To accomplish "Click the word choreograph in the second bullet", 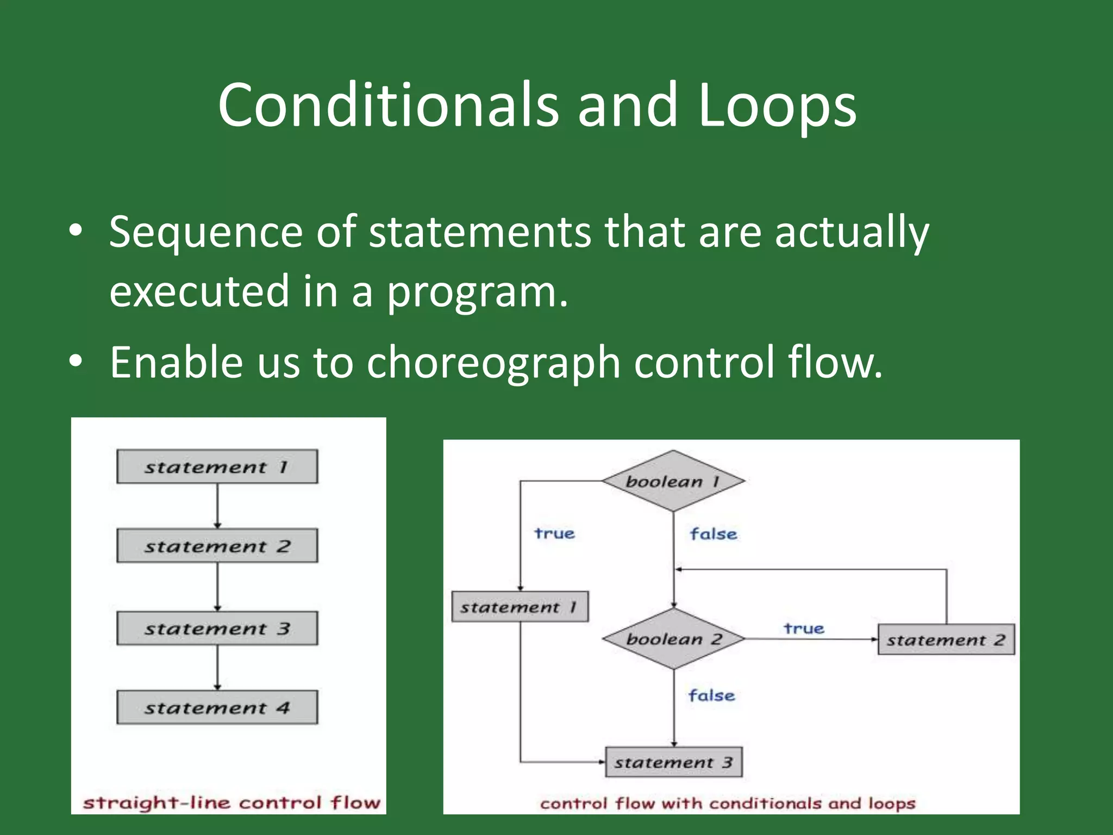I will tap(493, 362).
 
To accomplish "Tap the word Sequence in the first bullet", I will tap(205, 232).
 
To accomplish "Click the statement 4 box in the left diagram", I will tap(217, 707).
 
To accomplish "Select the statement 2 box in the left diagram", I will tap(217, 546).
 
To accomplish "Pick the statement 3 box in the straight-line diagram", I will tap(217, 628).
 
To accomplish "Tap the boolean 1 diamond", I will tap(673, 481).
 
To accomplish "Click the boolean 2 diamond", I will tap(673, 639).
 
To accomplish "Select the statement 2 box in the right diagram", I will tap(946, 640).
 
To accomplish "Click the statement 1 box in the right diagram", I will tap(520, 607).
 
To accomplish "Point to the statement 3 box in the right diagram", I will tap(673, 762).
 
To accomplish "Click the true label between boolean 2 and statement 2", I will tap(804, 628).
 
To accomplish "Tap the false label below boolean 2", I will tap(711, 695).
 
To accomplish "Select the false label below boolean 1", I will tap(713, 534).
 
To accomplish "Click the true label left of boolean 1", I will tap(554, 533).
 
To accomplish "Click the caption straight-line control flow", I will tap(231, 802).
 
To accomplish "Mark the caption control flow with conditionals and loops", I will tap(728, 803).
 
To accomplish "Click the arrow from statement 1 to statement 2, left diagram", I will tap(217, 506).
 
